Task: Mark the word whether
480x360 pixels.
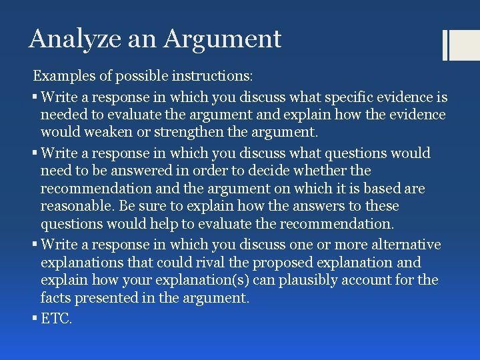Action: point(317,171)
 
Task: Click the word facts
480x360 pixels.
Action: point(55,299)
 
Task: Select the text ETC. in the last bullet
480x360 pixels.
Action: point(56,318)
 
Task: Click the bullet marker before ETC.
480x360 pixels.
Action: point(35,318)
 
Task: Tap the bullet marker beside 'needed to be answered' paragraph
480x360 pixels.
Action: point(35,153)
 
